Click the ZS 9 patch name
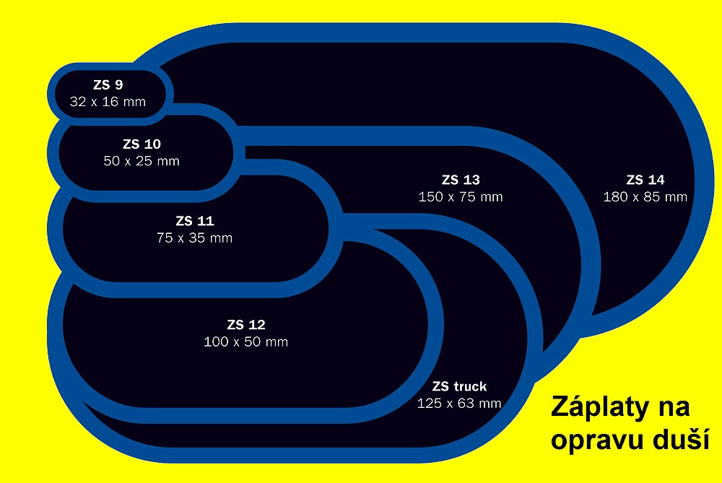click(108, 84)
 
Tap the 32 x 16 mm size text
click(108, 102)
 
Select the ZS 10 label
click(142, 144)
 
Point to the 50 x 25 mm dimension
click(142, 161)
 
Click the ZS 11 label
click(195, 221)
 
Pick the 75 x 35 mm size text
click(194, 238)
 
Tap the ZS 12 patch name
click(246, 325)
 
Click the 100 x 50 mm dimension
click(246, 341)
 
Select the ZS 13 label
click(461, 180)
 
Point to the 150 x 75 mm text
click(461, 197)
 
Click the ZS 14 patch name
click(645, 180)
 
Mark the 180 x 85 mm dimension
click(645, 197)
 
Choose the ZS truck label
click(459, 386)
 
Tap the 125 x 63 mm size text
click(459, 404)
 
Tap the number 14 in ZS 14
click(657, 180)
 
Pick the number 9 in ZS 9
click(119, 84)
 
